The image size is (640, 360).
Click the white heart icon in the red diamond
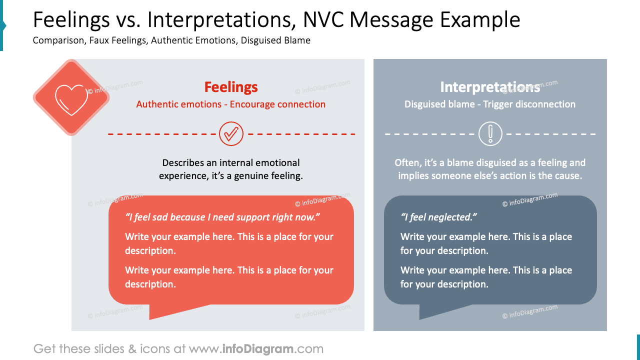(70, 97)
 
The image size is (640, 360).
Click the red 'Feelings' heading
(231, 87)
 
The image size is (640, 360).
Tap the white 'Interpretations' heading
(490, 87)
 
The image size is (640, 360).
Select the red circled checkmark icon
(231, 134)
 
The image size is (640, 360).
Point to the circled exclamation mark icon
(490, 134)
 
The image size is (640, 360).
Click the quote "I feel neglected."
(439, 217)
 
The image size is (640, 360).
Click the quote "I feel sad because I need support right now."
(222, 217)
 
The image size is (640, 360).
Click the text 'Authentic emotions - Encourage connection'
(231, 104)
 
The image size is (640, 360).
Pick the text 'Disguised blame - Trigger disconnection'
(490, 104)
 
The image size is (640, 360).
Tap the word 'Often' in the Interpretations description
(405, 163)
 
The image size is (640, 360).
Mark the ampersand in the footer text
(132, 348)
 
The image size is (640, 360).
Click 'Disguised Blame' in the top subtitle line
(275, 40)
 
